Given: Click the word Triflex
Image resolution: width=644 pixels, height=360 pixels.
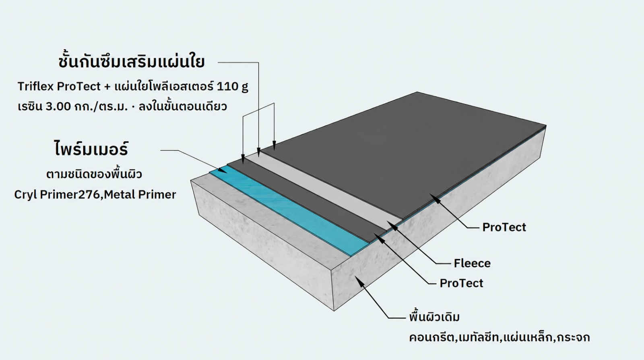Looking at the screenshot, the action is click(36, 86).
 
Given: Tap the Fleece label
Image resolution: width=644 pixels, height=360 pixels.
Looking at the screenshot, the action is click(472, 263).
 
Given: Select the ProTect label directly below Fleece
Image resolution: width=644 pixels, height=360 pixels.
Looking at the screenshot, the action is click(461, 283).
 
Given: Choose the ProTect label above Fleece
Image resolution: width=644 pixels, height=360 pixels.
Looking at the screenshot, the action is click(504, 227).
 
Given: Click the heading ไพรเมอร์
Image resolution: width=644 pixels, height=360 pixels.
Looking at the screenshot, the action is click(91, 149).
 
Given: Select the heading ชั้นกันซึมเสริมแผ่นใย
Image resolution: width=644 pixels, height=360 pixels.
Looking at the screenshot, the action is click(131, 62).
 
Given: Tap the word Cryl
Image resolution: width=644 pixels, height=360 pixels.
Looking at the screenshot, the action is click(25, 195).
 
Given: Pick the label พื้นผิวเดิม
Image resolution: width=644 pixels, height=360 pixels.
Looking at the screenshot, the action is click(434, 317).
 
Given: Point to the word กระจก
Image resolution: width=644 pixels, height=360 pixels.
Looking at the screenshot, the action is click(573, 337).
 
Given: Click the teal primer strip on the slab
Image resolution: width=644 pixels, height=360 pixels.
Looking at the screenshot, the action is click(287, 213).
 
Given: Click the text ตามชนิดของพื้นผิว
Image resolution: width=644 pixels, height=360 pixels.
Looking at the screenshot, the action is click(94, 175).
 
